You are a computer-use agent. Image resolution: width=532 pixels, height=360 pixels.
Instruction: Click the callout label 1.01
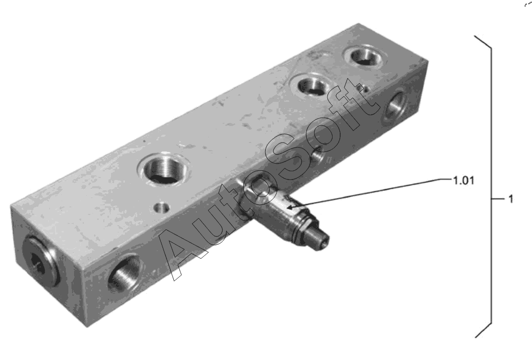tap(464, 181)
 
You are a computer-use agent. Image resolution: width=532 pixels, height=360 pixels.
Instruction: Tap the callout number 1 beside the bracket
tap(511, 199)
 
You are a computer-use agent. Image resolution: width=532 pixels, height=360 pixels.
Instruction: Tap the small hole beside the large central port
tap(162, 207)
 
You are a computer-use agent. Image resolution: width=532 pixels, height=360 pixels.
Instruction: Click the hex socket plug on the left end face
tap(40, 261)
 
